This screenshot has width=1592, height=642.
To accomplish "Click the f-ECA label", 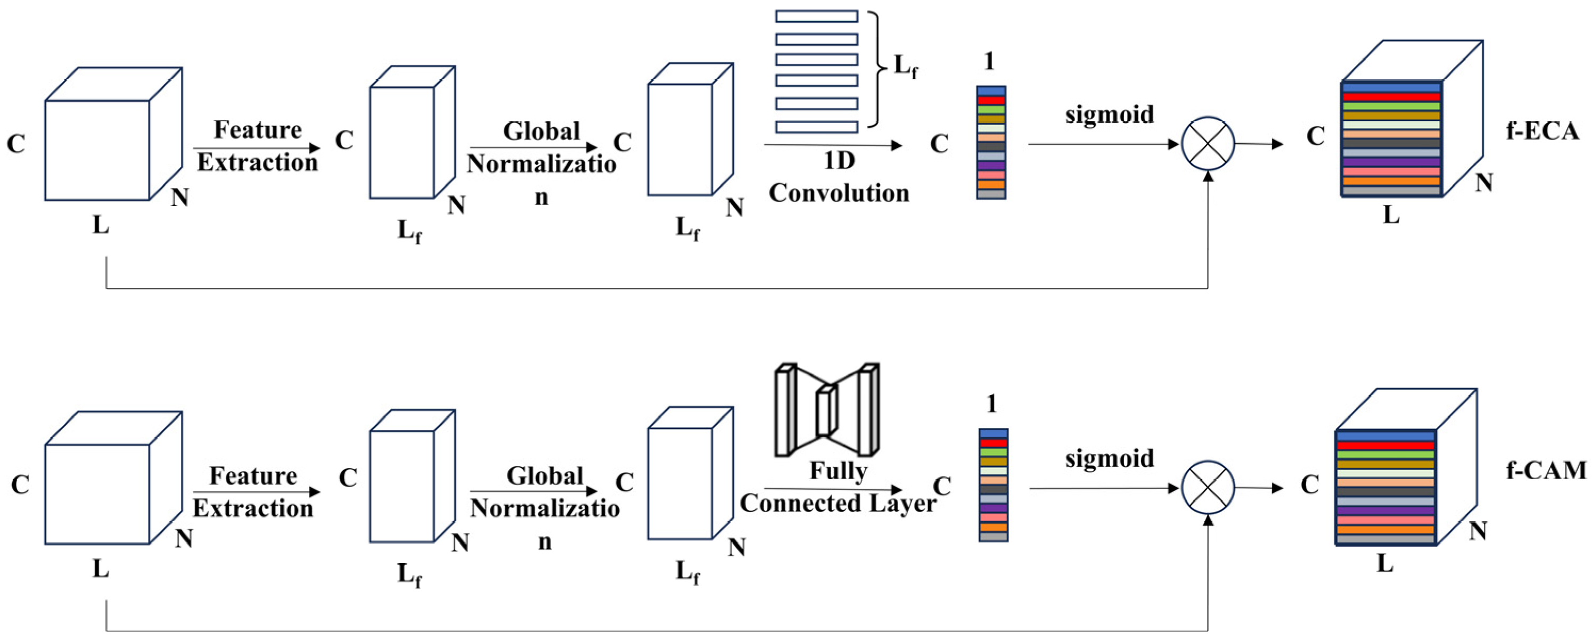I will pos(1542,131).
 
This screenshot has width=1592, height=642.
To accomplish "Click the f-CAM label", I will pos(1546,471).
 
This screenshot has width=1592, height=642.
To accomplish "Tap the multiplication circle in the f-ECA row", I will pos(1208,143).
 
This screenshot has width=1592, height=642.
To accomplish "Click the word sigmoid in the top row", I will pos(1109,115).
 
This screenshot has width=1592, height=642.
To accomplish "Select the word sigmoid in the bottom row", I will pos(1109,458).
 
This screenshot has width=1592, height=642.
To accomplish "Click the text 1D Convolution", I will pos(839,178).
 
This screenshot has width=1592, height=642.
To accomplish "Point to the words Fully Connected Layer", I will pos(839,488).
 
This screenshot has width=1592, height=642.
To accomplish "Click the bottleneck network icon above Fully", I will pos(827,410).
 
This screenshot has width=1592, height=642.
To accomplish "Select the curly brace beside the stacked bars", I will pos(877,68).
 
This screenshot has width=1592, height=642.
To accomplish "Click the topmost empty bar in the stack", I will pos(816,16).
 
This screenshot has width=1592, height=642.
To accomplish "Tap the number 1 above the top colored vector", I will pos(989,61).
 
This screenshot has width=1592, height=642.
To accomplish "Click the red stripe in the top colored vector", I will pos(991,100).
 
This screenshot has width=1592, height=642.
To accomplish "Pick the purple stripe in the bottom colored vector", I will pos(993,508).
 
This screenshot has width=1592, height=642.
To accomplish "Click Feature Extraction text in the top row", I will pos(257,146).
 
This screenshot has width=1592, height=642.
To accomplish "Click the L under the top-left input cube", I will pos(101,225).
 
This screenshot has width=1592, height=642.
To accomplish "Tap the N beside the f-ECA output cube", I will pos(1484,183).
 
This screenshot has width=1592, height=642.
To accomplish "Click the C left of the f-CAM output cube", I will pos(1309,484).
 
